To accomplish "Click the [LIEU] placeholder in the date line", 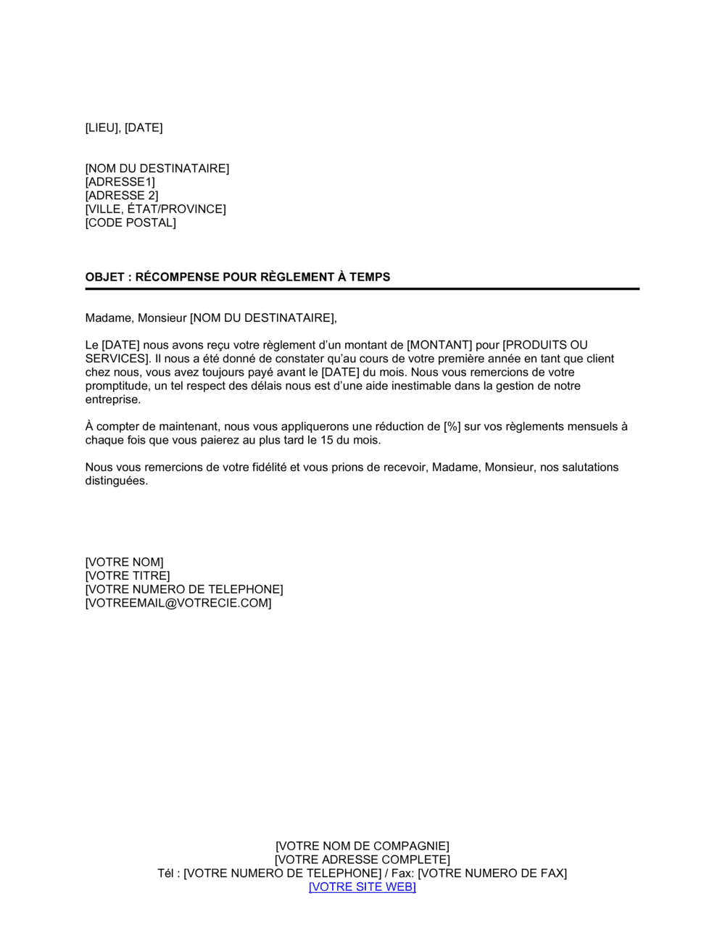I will [x=101, y=128].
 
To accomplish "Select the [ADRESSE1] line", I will [x=120, y=182].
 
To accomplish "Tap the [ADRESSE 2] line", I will [x=121, y=196].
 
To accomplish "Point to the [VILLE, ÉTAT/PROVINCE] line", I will [x=155, y=209].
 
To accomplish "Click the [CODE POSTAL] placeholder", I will [x=130, y=223].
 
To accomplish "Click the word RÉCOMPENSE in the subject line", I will [x=178, y=277].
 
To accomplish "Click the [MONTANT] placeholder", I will [x=439, y=345].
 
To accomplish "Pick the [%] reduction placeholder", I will [x=452, y=427].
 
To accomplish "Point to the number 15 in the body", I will [x=327, y=440].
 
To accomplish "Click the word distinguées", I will [x=116, y=481].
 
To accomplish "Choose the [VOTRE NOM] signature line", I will [x=124, y=562].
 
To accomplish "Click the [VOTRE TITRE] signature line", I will [x=127, y=576].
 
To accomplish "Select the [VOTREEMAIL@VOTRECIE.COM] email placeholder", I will [x=178, y=603].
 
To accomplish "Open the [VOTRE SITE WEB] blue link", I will [x=362, y=887].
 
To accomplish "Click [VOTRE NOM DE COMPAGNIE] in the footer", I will [x=362, y=847].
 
